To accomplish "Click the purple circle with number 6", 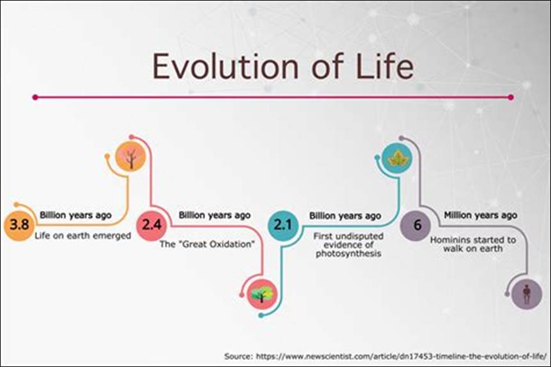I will pyautogui.click(x=417, y=225).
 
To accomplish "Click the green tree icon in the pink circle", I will pyautogui.click(x=262, y=294).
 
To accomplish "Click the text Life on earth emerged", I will pyautogui.click(x=82, y=236).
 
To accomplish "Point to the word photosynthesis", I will pyautogui.click(x=348, y=254).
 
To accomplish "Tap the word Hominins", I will pyautogui.click(x=450, y=240).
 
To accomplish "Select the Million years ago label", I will pyautogui.click(x=480, y=215).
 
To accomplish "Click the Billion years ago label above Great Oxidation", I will pyautogui.click(x=214, y=215).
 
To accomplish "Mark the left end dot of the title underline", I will pyautogui.click(x=36, y=98).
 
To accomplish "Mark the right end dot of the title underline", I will pyautogui.click(x=510, y=98).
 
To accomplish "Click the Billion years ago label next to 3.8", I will pyautogui.click(x=75, y=215).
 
